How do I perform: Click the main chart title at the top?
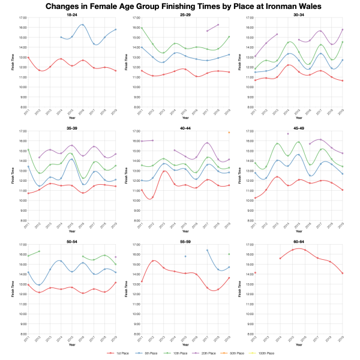(x=180, y=7)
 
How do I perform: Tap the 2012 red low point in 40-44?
(x=152, y=198)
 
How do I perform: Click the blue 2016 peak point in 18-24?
(x=82, y=25)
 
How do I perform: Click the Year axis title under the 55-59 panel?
(x=185, y=345)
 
